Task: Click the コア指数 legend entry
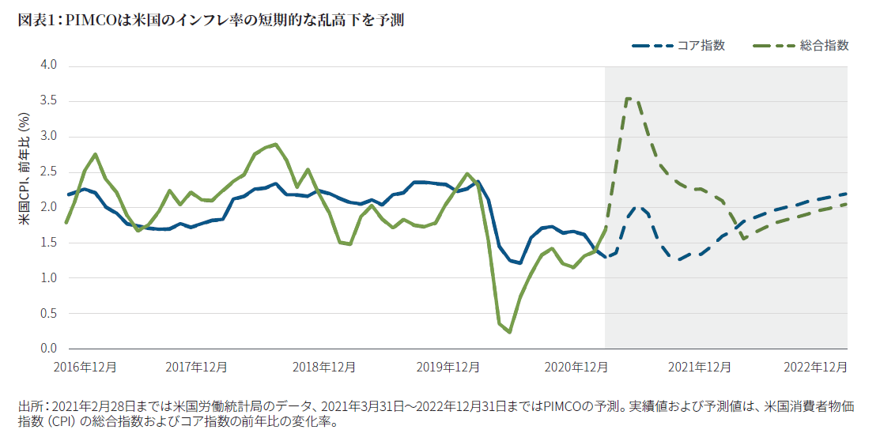[x=701, y=46]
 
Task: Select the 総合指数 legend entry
[x=824, y=46]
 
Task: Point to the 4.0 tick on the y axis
[x=48, y=65]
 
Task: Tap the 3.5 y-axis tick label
[x=48, y=100]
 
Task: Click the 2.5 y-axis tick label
[x=48, y=172]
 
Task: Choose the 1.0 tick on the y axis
[x=48, y=277]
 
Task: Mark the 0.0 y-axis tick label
[x=48, y=349]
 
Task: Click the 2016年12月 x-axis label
[x=85, y=368]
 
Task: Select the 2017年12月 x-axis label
[x=196, y=368]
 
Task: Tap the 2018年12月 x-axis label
[x=323, y=368]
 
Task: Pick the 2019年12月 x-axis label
[x=448, y=368]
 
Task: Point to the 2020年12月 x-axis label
[x=576, y=368]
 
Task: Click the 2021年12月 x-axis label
[x=700, y=368]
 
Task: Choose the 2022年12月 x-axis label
[x=815, y=368]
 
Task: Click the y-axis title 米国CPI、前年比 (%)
[x=25, y=169]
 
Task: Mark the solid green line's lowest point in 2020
[x=509, y=332]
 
